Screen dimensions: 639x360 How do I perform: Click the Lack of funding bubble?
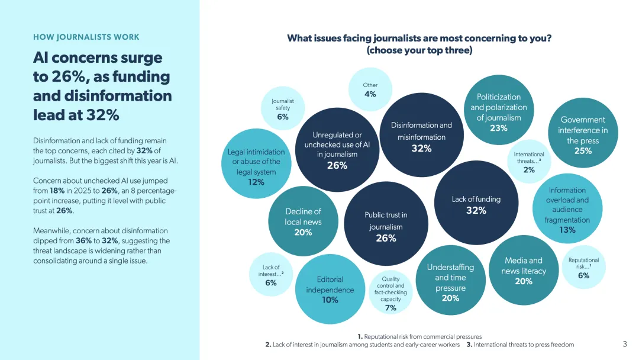click(476, 202)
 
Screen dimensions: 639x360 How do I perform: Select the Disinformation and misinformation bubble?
click(421, 135)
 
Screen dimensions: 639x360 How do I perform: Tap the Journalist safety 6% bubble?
click(282, 108)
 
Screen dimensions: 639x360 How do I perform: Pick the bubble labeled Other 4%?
click(370, 89)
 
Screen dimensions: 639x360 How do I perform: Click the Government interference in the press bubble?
click(583, 133)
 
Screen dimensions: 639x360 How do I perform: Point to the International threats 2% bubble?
click(529, 162)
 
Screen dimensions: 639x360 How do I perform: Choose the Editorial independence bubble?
click(330, 289)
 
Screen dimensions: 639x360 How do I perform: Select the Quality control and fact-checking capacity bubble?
click(390, 292)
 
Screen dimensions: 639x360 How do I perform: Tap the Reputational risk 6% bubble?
click(583, 267)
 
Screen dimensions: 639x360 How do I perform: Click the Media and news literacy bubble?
click(524, 271)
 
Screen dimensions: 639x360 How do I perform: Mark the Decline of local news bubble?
click(303, 221)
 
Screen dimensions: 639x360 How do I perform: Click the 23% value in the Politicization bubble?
click(498, 128)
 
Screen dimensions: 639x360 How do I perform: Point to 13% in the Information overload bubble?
click(567, 230)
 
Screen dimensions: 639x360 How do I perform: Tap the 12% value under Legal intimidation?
click(256, 182)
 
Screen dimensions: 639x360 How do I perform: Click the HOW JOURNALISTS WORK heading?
click(86, 37)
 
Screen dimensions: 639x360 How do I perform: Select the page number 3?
click(625, 344)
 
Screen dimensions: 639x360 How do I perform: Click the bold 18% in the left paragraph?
click(57, 191)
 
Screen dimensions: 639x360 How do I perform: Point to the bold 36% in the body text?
click(83, 240)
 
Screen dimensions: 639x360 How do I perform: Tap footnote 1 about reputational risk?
click(419, 336)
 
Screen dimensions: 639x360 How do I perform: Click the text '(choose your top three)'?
click(419, 50)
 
